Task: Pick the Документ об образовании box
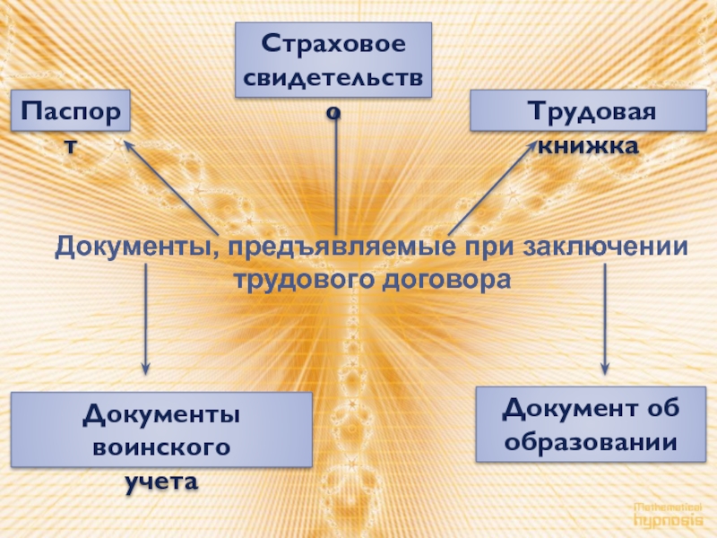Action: [x=589, y=424]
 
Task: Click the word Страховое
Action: [x=333, y=42]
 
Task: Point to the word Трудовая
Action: [x=591, y=114]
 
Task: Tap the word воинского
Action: [x=162, y=447]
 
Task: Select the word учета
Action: [x=161, y=481]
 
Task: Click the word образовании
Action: [x=589, y=442]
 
